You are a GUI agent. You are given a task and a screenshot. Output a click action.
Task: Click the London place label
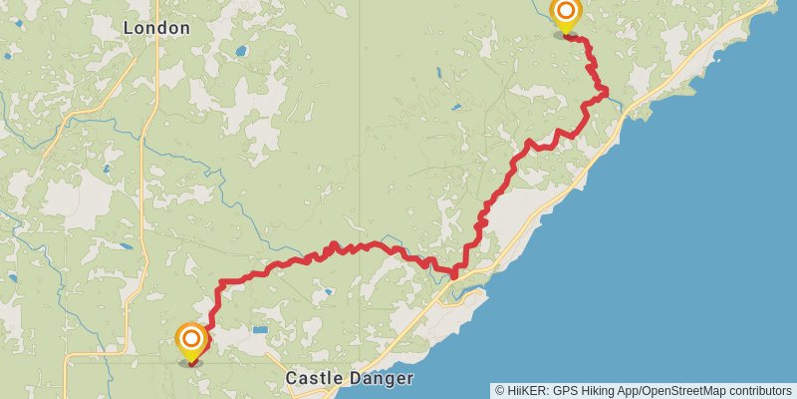156,28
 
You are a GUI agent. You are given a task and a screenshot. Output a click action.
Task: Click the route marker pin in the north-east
566,13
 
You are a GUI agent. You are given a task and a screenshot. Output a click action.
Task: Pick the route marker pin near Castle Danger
190,341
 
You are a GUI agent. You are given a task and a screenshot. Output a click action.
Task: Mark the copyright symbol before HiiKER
500,391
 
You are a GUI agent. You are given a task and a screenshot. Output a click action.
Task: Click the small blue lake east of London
239,51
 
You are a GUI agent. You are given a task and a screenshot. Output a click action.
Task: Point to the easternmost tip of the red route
607,92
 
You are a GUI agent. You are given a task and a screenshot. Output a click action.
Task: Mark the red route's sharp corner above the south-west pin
218,284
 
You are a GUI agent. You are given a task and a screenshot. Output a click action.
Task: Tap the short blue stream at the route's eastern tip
618,101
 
